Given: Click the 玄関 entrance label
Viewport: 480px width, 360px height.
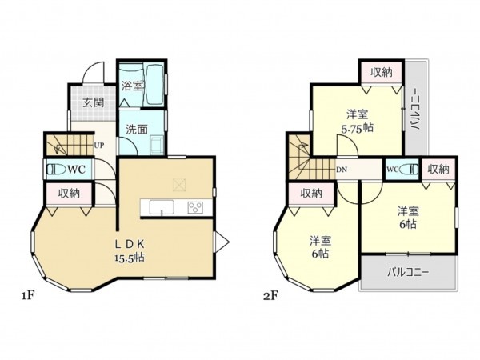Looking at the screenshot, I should (x=93, y=102).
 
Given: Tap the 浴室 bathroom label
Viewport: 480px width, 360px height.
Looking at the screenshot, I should (x=132, y=86).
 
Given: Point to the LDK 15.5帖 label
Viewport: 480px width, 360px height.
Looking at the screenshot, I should (x=127, y=250).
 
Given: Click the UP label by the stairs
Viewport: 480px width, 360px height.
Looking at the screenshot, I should (x=99, y=145).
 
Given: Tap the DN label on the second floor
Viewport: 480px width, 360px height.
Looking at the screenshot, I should (x=342, y=169).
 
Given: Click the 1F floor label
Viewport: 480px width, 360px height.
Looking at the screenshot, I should (x=27, y=295).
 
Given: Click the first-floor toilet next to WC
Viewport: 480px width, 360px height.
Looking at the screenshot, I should (x=55, y=169).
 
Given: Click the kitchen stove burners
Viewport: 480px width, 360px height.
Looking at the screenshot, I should (x=195, y=207).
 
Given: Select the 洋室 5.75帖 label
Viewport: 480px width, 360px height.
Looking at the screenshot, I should (x=357, y=121).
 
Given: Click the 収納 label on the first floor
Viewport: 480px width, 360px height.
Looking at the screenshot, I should (x=69, y=193).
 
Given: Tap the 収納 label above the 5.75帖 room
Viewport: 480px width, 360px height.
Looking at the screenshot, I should (x=382, y=73).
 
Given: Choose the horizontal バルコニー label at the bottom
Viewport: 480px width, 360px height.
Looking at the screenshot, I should (x=410, y=273).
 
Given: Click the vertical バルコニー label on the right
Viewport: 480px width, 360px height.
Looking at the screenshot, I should (x=415, y=113).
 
